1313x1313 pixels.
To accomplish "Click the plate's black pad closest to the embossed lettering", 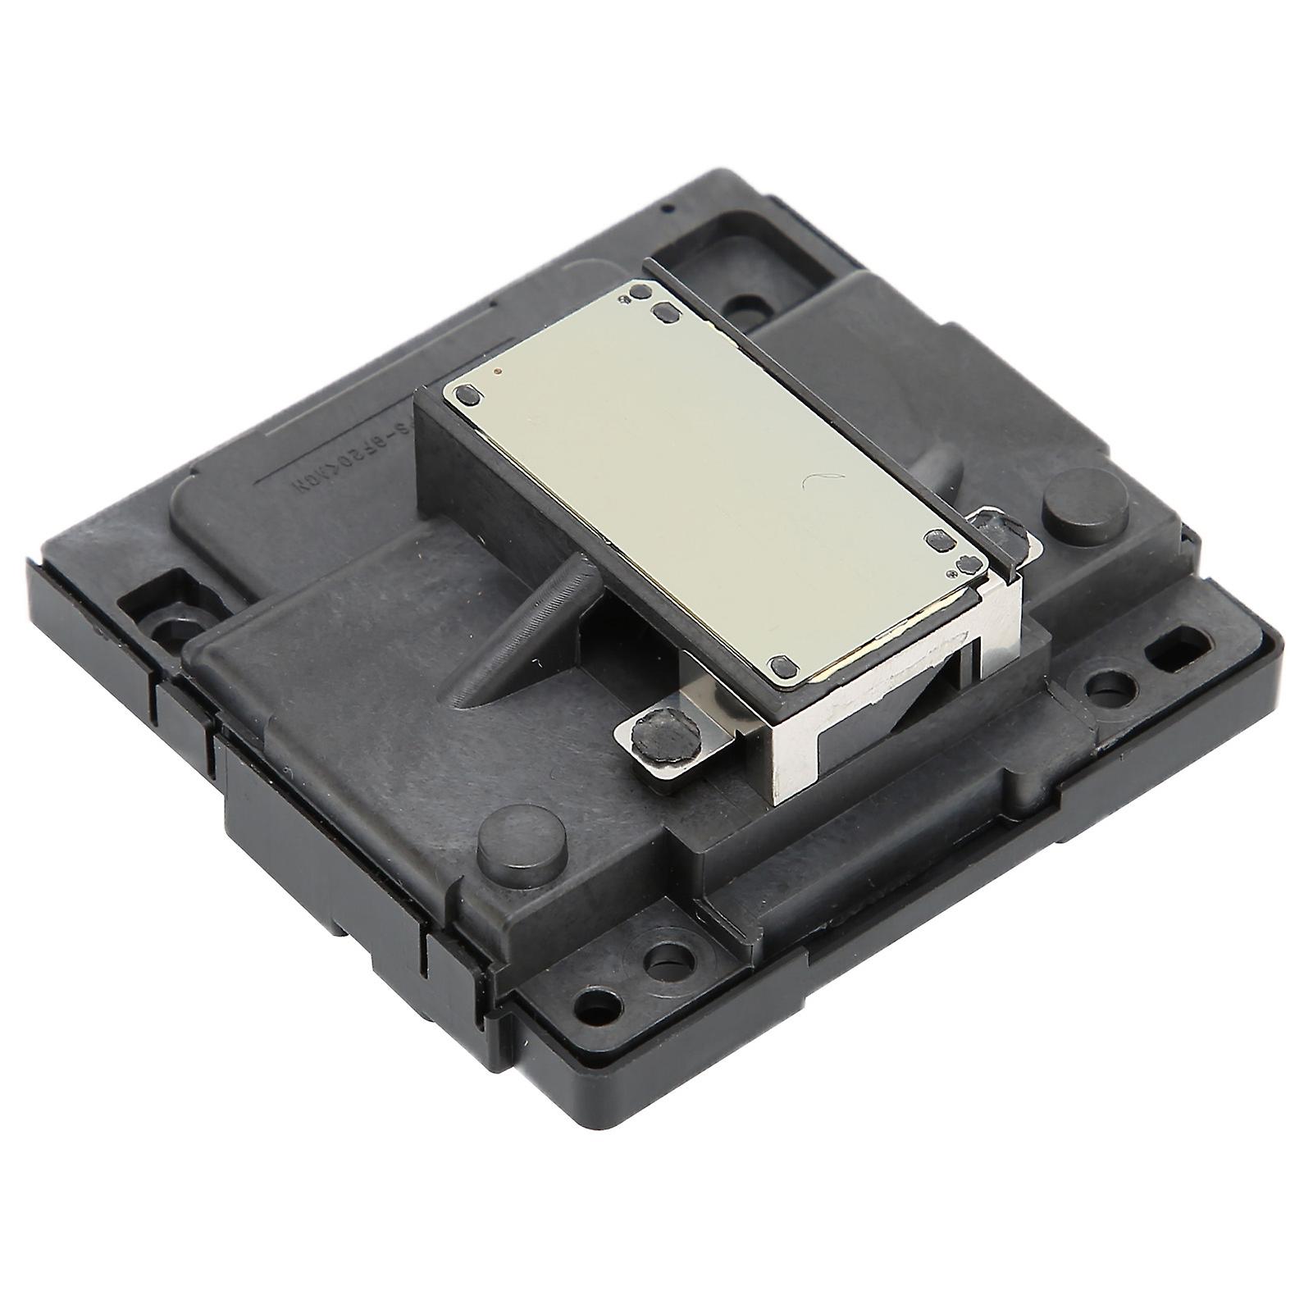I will (469, 395).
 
